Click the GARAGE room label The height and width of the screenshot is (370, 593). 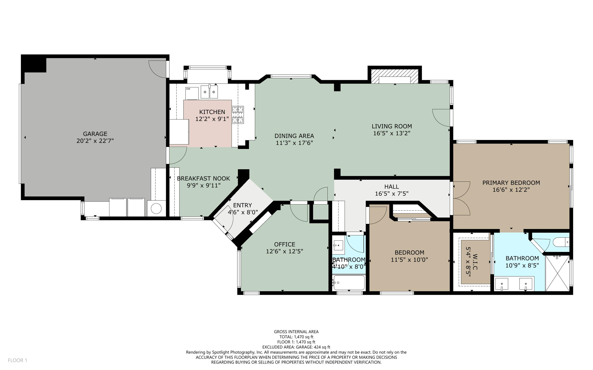(95, 134)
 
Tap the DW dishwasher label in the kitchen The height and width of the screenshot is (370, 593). (188, 89)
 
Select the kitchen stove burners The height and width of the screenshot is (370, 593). (238, 115)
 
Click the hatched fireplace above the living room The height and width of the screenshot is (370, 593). (394, 76)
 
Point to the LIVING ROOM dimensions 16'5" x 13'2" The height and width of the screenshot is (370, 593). (392, 133)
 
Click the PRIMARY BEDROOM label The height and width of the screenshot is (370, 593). (511, 183)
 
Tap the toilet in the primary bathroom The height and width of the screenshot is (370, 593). (561, 242)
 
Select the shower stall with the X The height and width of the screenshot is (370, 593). (557, 273)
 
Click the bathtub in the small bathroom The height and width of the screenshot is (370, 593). (349, 283)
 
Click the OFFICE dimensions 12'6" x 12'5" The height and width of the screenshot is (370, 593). (284, 251)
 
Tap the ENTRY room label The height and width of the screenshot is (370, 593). (242, 205)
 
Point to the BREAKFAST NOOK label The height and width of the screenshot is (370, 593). (203, 178)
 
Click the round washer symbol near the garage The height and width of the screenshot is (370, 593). (156, 209)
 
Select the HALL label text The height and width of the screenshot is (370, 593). (391, 187)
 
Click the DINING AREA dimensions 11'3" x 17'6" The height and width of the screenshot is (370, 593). (294, 143)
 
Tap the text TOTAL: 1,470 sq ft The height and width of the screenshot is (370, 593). (296, 337)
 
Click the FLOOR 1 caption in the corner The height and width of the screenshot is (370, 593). (17, 360)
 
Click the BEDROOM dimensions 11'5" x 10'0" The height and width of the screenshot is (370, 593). (409, 260)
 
